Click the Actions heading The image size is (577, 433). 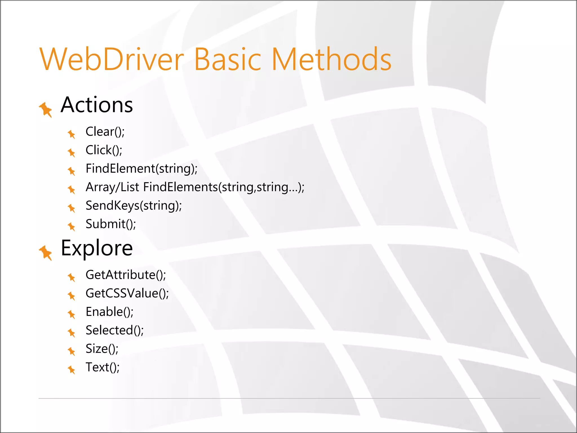(97, 105)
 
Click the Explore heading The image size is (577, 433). (97, 248)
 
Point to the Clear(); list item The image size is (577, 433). (105, 132)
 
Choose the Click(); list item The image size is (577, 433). (104, 150)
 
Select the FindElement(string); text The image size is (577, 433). (141, 169)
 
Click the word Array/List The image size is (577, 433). (112, 187)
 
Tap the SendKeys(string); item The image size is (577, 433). (134, 206)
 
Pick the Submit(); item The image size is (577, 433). (111, 224)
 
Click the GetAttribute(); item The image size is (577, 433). (126, 275)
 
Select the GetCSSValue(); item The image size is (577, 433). (127, 293)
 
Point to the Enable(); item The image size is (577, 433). (109, 312)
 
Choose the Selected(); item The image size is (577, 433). (114, 330)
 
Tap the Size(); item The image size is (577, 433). (102, 349)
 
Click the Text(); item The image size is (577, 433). (103, 367)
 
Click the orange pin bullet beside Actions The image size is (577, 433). (46, 109)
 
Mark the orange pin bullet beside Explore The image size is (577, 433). (46, 252)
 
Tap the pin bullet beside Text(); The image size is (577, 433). (72, 369)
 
